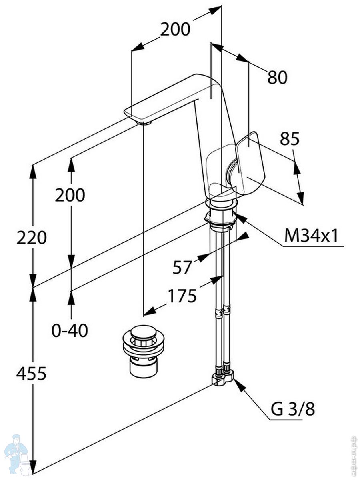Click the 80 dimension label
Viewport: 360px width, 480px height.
(x=278, y=77)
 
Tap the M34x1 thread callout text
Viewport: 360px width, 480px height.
(x=311, y=236)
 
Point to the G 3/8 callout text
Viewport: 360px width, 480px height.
(x=293, y=409)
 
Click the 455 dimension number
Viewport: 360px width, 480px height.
(x=31, y=373)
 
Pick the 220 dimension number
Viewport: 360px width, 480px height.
(x=31, y=238)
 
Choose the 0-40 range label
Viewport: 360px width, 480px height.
(x=70, y=330)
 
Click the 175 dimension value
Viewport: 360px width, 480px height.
(x=182, y=296)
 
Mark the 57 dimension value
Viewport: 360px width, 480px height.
(x=182, y=267)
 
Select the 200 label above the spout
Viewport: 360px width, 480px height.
(x=175, y=29)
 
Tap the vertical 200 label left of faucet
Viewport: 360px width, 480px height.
(x=70, y=195)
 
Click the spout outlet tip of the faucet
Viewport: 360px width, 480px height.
(x=144, y=122)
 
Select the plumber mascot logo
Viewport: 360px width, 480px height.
(x=16, y=454)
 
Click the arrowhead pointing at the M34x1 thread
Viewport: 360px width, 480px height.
(x=239, y=217)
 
